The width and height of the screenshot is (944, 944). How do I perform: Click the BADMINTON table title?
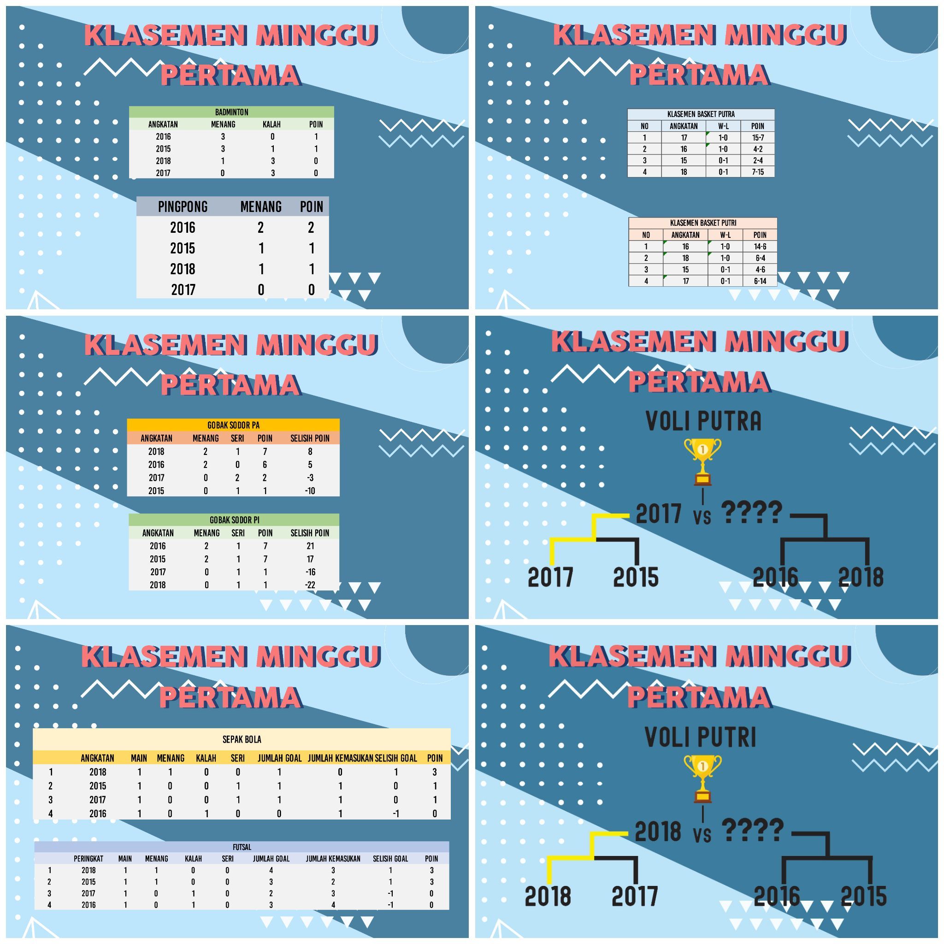click(231, 112)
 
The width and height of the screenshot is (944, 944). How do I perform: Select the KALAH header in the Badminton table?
click(271, 124)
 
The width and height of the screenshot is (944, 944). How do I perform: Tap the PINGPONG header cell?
click(183, 206)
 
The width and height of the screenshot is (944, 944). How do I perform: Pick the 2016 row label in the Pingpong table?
click(183, 227)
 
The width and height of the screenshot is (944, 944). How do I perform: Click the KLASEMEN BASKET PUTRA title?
click(701, 114)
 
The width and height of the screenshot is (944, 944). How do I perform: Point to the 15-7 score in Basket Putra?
click(758, 138)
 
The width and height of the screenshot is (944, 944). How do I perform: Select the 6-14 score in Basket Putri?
click(760, 281)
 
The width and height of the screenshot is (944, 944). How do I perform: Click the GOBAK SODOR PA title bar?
click(233, 425)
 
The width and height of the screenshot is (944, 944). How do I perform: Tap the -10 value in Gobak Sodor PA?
click(310, 490)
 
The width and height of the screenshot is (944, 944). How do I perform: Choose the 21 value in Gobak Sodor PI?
click(310, 546)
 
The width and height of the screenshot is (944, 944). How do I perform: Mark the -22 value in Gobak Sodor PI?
click(310, 585)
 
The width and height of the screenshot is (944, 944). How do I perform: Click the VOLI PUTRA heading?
click(703, 421)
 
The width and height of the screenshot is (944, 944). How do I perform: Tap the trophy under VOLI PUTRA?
click(702, 462)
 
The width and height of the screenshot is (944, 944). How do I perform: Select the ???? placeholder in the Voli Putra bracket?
click(751, 512)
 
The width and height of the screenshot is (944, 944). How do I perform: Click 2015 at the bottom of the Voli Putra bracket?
click(636, 577)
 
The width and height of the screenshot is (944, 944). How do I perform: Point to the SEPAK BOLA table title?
click(242, 739)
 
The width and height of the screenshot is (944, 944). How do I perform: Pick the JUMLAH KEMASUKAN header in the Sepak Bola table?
click(340, 758)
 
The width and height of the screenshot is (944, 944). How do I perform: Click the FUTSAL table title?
click(242, 847)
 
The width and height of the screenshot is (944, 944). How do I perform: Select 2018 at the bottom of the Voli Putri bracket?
click(548, 896)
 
